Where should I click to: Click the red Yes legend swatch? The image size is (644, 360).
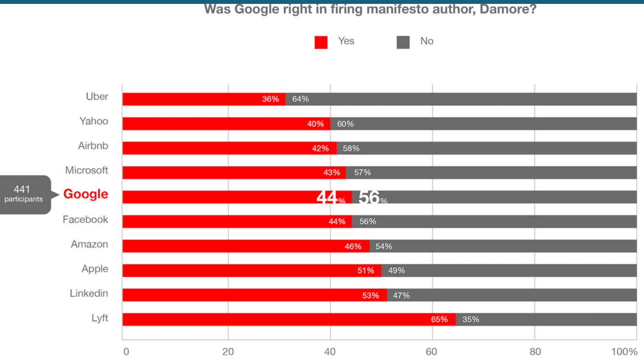(321, 42)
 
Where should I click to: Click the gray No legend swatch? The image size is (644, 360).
(403, 42)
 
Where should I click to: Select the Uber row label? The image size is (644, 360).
(97, 97)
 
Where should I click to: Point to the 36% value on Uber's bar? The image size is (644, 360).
(270, 99)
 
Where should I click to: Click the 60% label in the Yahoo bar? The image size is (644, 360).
(345, 124)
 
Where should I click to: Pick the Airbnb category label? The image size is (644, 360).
(93, 146)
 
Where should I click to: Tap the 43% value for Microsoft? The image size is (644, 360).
(332, 173)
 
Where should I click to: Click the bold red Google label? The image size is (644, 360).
(85, 194)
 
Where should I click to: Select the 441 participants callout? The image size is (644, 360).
(23, 194)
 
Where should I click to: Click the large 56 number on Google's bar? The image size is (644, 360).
(369, 198)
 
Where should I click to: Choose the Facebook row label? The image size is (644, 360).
(85, 220)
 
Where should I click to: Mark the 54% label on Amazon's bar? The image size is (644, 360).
(383, 246)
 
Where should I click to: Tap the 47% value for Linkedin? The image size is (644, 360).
(401, 295)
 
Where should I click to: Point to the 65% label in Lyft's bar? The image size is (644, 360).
(439, 320)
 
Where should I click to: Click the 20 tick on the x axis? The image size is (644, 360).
(228, 352)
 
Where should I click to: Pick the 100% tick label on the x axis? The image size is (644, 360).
(625, 352)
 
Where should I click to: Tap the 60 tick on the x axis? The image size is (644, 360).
(432, 352)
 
